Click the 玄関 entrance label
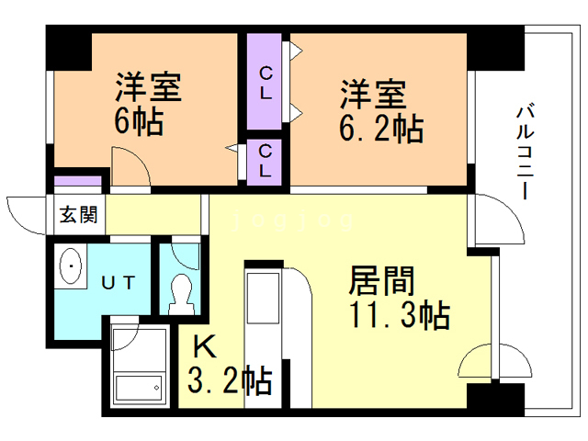pyautogui.click(x=79, y=215)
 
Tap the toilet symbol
pyautogui.click(x=182, y=295)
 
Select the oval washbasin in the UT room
pyautogui.click(x=71, y=266)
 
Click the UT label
pyautogui.click(x=119, y=283)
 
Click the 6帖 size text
pyautogui.click(x=139, y=121)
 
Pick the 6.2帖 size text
pyautogui.click(x=381, y=129)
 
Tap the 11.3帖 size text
pyautogui.click(x=400, y=315)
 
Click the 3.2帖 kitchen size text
pyautogui.click(x=230, y=379)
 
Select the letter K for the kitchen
pyautogui.click(x=205, y=347)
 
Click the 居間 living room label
pyautogui.click(x=381, y=280)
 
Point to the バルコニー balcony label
pyautogui.click(x=526, y=153)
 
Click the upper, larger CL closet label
pyautogui.click(x=266, y=84)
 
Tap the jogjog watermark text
pyautogui.click(x=293, y=220)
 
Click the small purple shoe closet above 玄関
pyautogui.click(x=77, y=180)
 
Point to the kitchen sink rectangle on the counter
pyautogui.click(x=263, y=298)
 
